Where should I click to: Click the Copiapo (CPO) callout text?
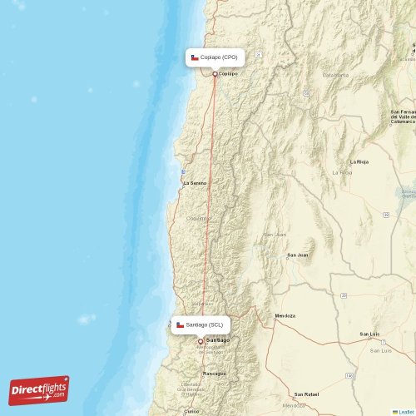(219, 57)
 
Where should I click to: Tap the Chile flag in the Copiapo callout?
(195, 57)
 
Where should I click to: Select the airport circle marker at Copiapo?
(215, 74)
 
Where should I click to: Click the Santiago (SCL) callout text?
(205, 324)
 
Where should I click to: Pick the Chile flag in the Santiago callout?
(180, 324)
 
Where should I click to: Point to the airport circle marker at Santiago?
(200, 341)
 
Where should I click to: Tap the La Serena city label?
(195, 183)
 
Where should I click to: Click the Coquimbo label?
(197, 218)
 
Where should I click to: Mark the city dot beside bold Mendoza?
(275, 317)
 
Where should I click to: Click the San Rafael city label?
(306, 394)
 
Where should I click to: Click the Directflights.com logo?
(39, 389)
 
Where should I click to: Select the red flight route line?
(208, 208)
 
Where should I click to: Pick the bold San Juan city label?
(297, 255)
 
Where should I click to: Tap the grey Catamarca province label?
(335, 75)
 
